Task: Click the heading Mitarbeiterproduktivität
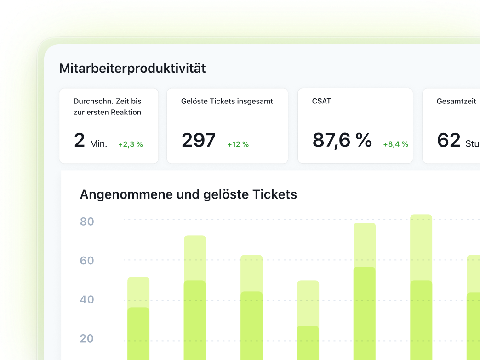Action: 132,69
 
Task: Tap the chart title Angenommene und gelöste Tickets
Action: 189,194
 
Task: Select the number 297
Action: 199,140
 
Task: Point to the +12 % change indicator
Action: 238,144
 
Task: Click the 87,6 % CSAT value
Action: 342,140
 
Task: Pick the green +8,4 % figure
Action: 395,144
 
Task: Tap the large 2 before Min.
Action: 80,140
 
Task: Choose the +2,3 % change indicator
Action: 131,144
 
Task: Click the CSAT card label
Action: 321,101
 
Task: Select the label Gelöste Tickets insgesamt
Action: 227,101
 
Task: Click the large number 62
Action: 449,140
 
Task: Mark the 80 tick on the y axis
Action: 87,222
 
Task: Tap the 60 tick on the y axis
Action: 87,261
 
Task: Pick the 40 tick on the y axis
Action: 87,300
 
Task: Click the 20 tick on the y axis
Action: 87,339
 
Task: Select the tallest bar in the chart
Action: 421,285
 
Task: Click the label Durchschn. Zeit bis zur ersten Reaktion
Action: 107,107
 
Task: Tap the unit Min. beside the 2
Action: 98,144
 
